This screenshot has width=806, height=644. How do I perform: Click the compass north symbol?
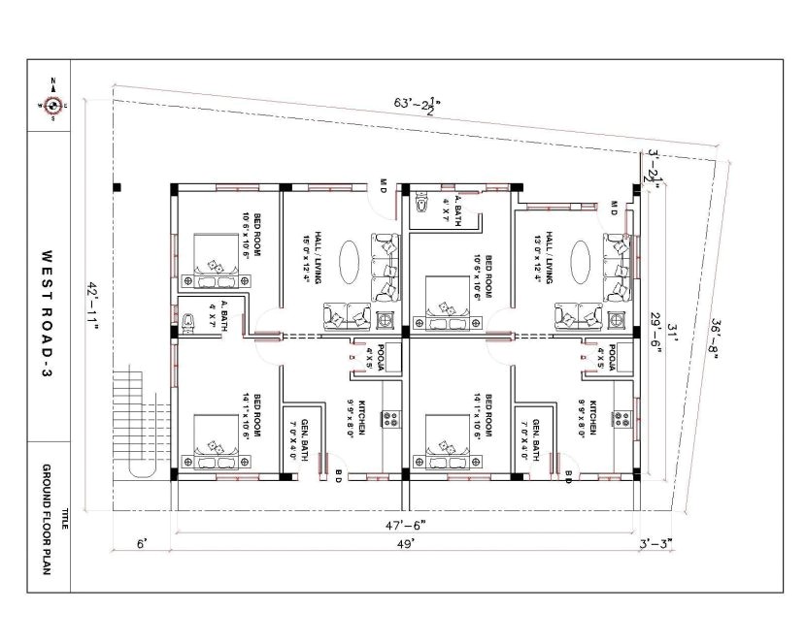[x=52, y=105]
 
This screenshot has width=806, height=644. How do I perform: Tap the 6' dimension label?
[x=141, y=545]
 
